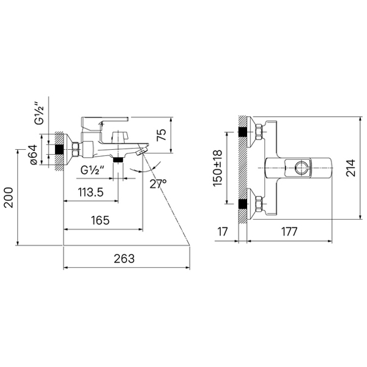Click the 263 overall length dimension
tap(124, 259)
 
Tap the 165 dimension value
tap(100, 220)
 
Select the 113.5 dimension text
tap(91, 193)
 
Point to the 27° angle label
tap(158, 183)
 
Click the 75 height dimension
tap(161, 135)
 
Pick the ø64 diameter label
tap(34, 155)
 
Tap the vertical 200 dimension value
tap(9, 198)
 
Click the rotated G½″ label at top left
tap(39, 113)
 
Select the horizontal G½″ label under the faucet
tap(92, 170)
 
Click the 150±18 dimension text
tap(217, 168)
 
